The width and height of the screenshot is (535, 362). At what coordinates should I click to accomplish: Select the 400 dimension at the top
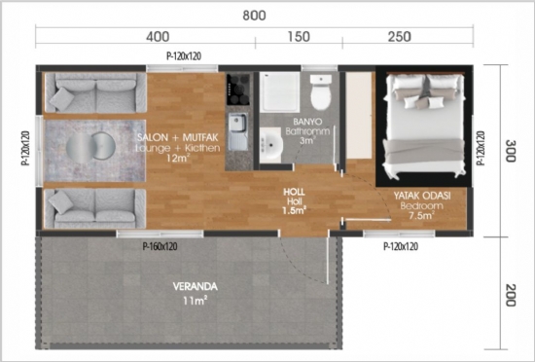pyautogui.click(x=159, y=37)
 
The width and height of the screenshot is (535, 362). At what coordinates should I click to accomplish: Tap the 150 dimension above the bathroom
pyautogui.click(x=299, y=37)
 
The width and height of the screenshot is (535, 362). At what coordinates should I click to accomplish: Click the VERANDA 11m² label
pyautogui.click(x=196, y=293)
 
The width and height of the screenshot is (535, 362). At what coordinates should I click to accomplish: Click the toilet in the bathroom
pyautogui.click(x=319, y=94)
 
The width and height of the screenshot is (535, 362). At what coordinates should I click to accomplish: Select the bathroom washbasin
pyautogui.click(x=271, y=144)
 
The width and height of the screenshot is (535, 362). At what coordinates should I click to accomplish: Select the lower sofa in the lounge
pyautogui.click(x=92, y=206)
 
